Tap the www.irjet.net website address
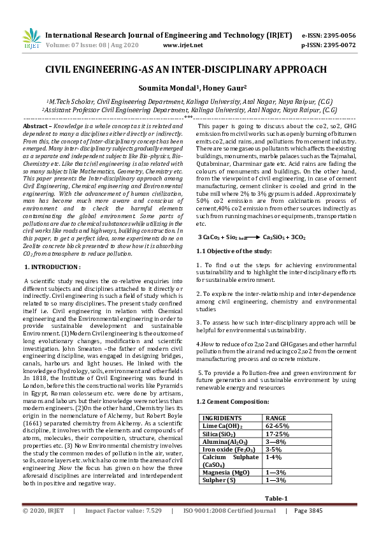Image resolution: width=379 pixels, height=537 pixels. coord(183,45)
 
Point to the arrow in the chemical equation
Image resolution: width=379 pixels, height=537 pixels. coord(249,237)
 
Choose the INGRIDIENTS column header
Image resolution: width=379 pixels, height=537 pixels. coord(223,418)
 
